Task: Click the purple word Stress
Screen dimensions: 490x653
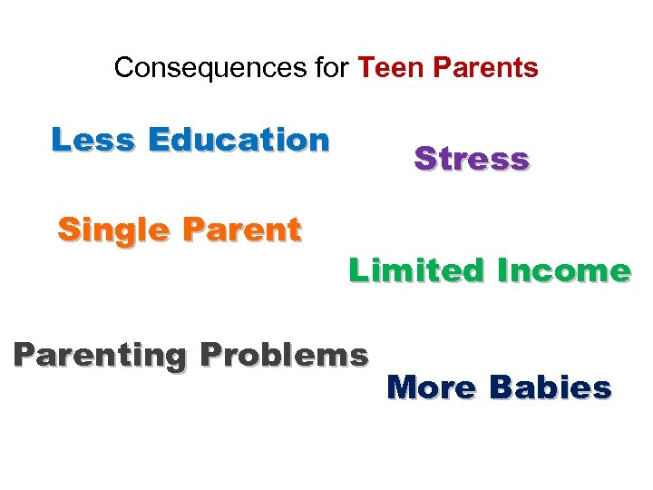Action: [472, 159]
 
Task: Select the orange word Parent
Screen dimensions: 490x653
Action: [240, 230]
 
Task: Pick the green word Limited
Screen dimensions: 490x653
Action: [418, 269]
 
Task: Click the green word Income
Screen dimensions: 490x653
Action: [564, 269]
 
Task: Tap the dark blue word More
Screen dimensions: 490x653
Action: [432, 387]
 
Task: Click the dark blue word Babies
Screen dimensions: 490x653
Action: [551, 387]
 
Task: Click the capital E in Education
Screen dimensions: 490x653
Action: [158, 140]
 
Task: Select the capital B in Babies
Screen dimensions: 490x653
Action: [500, 387]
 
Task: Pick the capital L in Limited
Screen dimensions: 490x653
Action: [356, 269]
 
